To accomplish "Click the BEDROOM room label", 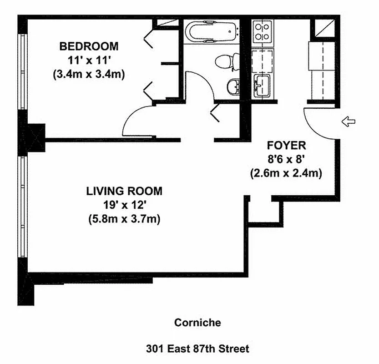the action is (x=89, y=46).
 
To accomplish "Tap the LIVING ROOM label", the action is (x=124, y=191).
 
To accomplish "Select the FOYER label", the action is (x=287, y=146).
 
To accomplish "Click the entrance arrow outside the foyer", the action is (x=349, y=121).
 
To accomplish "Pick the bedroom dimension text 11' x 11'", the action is (x=89, y=60).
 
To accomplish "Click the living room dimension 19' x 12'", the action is (x=125, y=205).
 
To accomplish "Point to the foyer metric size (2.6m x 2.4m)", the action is (x=286, y=173).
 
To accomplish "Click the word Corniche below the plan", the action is (x=197, y=323).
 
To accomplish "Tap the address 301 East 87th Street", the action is (x=197, y=349).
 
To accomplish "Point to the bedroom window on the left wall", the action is (x=23, y=71).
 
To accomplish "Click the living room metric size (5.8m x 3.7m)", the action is (x=125, y=219).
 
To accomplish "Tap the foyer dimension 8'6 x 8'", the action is (x=286, y=159).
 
